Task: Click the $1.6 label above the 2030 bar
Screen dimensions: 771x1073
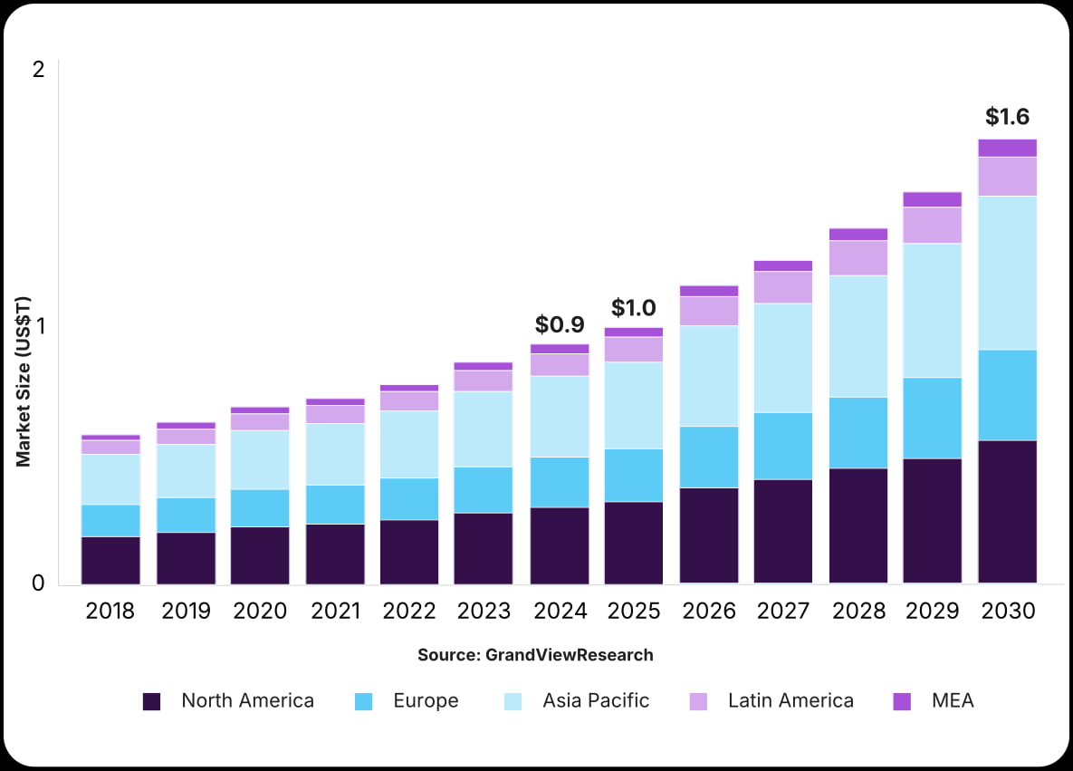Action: [1007, 117]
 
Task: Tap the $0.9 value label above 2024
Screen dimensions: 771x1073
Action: [560, 324]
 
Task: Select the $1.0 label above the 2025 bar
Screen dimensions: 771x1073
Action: [634, 308]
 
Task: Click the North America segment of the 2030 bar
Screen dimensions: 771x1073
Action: [1007, 511]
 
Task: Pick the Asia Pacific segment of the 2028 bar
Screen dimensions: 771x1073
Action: [858, 336]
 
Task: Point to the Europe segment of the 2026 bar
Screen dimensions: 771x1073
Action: [709, 457]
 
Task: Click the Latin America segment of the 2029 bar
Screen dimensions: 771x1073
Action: [933, 225]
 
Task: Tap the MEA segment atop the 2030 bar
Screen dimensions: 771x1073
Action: [1007, 148]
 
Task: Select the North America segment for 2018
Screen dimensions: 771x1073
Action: [110, 560]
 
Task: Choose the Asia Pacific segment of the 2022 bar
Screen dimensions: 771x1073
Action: [409, 444]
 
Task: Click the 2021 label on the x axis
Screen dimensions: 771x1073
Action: [335, 612]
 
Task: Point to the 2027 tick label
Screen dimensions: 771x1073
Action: [783, 612]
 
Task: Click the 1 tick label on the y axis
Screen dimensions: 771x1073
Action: [38, 325]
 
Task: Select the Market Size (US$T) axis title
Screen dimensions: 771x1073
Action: [24, 381]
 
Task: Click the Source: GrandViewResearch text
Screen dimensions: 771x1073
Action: [535, 654]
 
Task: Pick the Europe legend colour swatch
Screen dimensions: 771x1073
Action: [363, 701]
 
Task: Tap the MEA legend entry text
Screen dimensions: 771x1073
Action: [953, 700]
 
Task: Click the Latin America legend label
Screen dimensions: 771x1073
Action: [790, 700]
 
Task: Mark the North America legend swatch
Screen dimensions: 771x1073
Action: [152, 701]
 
